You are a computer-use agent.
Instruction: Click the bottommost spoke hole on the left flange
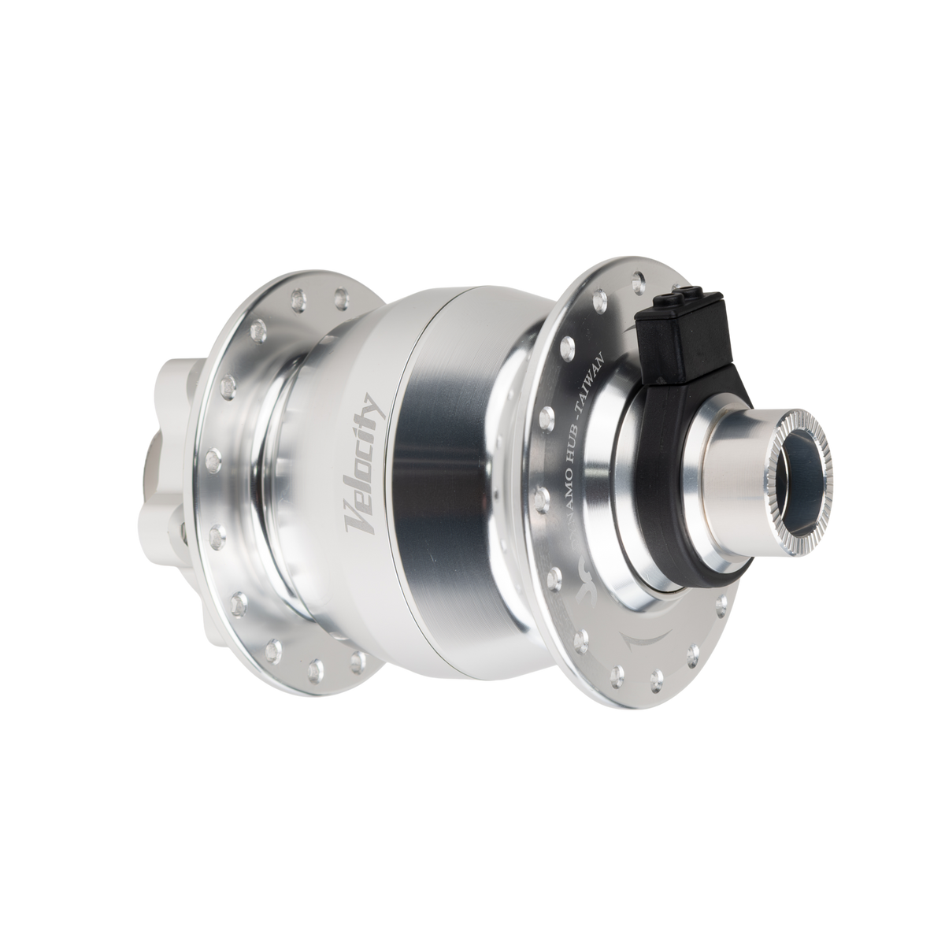click(x=360, y=658)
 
